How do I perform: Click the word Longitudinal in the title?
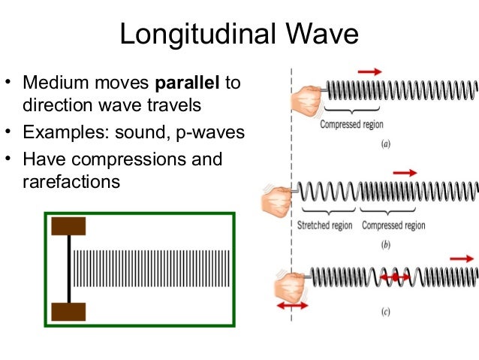pos(198,34)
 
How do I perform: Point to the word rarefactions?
pos(71,181)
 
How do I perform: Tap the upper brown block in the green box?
pos(68,225)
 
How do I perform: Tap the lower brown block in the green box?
pos(68,311)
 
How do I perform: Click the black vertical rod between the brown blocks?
pos(69,268)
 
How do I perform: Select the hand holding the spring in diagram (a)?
pos(306,99)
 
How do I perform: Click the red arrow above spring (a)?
pos(369,71)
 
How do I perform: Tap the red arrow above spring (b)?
pos(403,172)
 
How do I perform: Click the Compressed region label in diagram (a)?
pos(351,124)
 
